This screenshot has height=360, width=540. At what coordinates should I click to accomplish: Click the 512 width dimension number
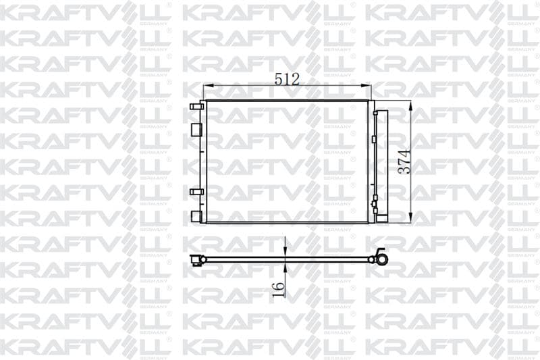pos(287,78)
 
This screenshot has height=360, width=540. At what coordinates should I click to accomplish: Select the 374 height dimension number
pos(403,161)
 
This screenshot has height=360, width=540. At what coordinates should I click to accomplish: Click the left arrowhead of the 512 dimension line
pos(207,86)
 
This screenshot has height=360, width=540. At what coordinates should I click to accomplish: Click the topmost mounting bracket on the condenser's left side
pos(196,106)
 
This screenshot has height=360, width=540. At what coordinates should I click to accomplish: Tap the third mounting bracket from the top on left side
pos(196,192)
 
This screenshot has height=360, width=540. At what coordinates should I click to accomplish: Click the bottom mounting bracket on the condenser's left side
pos(196,216)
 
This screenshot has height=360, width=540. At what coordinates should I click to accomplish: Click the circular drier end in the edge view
pos(381,258)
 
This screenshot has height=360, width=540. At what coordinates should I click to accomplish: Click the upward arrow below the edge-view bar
pos(286,266)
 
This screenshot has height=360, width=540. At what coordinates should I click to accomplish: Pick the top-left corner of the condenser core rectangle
pos(205,101)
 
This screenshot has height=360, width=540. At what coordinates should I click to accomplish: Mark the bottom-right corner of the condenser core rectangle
pos(369,222)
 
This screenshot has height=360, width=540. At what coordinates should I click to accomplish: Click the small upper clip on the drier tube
pos(373,138)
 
